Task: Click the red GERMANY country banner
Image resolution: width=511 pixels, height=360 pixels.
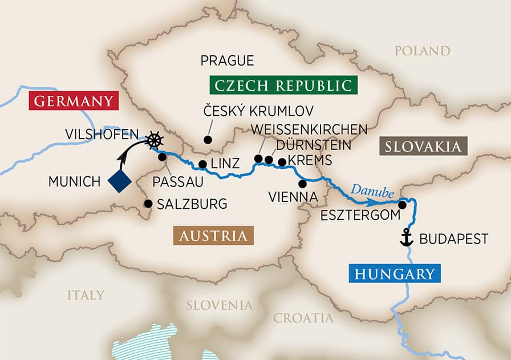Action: coord(74,102)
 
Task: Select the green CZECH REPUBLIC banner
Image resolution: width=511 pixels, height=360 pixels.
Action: coord(283,85)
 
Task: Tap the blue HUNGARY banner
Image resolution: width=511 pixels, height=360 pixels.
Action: coord(394,274)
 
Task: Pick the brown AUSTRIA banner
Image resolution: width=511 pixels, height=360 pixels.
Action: coord(213,236)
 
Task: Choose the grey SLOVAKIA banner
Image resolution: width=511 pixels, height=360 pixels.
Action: coord(423,147)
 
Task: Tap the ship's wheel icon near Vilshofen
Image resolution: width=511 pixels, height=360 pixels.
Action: coord(153,140)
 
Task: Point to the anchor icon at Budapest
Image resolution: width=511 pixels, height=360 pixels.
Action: coord(406,238)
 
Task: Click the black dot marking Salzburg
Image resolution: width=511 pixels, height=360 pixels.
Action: coord(148,203)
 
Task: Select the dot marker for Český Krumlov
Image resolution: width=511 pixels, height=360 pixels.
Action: coord(208,139)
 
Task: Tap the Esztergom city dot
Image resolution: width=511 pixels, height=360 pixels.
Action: coord(403,205)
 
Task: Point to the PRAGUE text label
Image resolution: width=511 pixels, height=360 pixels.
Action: coord(227,60)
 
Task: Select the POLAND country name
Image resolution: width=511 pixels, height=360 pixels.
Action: coord(423,51)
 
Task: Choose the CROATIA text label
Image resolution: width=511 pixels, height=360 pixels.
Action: coord(303,318)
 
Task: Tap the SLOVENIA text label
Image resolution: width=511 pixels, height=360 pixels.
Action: coord(219,305)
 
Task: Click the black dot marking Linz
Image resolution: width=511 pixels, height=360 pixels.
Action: coord(202,164)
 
